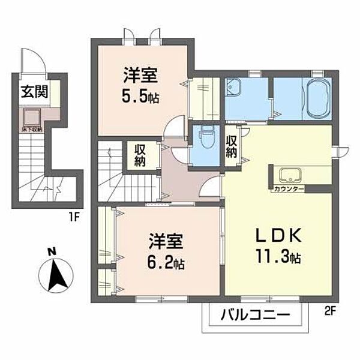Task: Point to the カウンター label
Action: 288,189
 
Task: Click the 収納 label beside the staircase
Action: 139,155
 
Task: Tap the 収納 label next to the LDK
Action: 232,146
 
